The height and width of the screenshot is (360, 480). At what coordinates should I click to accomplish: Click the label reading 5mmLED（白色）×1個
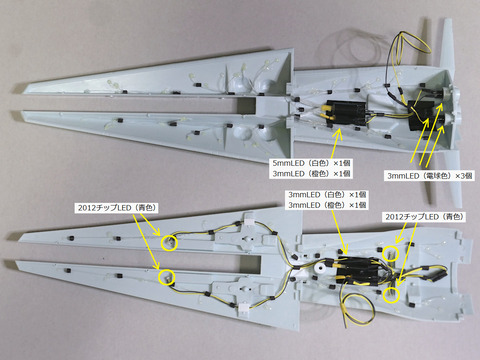311,163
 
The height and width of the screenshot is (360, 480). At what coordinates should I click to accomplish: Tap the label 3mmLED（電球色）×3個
430,176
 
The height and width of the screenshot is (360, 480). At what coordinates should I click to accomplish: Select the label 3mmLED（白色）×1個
327,194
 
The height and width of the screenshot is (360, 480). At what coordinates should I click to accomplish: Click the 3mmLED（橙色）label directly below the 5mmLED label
311,174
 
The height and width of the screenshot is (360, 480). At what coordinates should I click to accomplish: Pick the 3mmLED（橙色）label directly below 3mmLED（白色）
327,205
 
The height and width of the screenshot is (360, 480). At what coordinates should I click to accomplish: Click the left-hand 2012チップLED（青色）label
117,208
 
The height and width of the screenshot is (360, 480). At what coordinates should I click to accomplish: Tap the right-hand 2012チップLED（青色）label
425,217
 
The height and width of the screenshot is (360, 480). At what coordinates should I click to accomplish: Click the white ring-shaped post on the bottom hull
321,269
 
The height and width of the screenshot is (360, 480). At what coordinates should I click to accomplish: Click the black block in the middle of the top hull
344,113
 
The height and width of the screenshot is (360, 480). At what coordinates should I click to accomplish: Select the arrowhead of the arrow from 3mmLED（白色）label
346,251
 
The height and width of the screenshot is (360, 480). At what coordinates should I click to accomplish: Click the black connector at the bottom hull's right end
439,275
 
